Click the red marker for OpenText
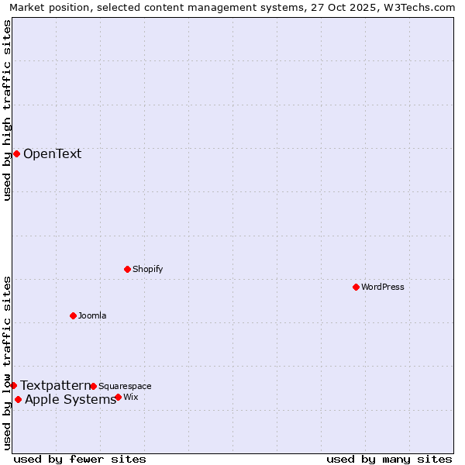click(x=16, y=153)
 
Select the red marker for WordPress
click(x=356, y=287)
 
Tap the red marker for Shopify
click(x=127, y=269)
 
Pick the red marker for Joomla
click(x=73, y=315)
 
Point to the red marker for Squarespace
click(x=93, y=386)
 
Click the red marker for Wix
click(x=118, y=397)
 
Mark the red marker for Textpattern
click(x=13, y=385)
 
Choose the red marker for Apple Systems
click(x=18, y=399)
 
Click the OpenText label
click(x=52, y=153)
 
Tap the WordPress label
click(x=383, y=287)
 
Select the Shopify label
click(x=147, y=269)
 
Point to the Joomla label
click(x=92, y=315)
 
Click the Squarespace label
click(x=125, y=386)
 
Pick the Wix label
click(x=130, y=397)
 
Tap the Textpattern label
click(x=55, y=385)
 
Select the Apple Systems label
click(x=71, y=400)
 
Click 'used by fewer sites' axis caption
click(x=80, y=459)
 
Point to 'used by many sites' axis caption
click(x=389, y=459)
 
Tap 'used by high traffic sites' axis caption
click(x=8, y=110)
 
